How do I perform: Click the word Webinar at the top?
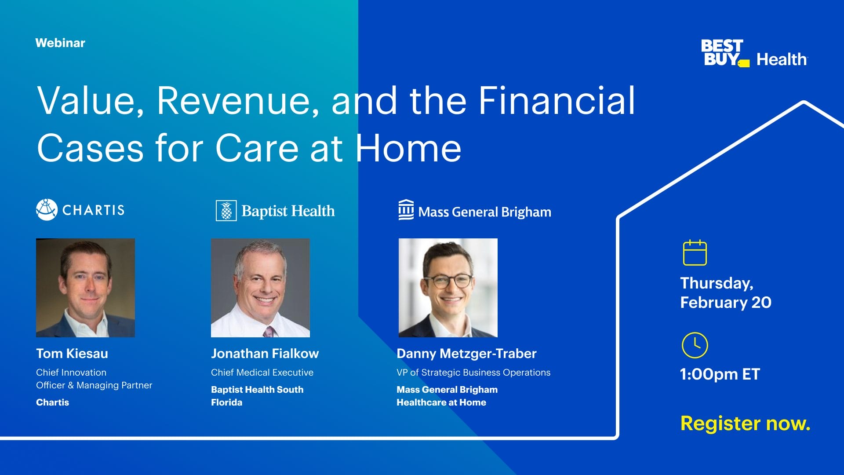[x=60, y=43]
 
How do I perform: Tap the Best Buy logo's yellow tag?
[x=744, y=64]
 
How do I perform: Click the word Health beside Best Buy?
[x=781, y=59]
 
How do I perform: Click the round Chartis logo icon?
[x=47, y=210]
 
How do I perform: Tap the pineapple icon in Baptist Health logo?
[x=226, y=211]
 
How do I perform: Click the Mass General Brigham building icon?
[x=406, y=210]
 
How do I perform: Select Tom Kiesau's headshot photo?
[x=85, y=288]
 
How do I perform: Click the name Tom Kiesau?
[x=72, y=354]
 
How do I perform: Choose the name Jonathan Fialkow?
[x=265, y=354]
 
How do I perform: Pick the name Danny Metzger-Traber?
[x=466, y=354]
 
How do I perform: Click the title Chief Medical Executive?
[x=262, y=373]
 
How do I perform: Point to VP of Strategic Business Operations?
[x=473, y=373]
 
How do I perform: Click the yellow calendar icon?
[x=695, y=253]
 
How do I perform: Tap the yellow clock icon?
[x=695, y=345]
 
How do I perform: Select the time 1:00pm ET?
[x=720, y=374]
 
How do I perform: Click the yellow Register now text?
[x=745, y=424]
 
